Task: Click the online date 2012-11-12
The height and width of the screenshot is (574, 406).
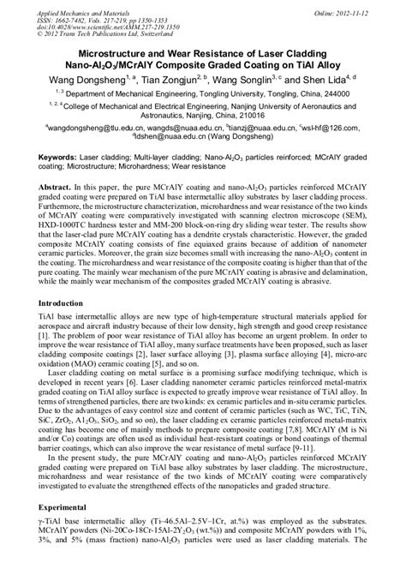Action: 369,7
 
